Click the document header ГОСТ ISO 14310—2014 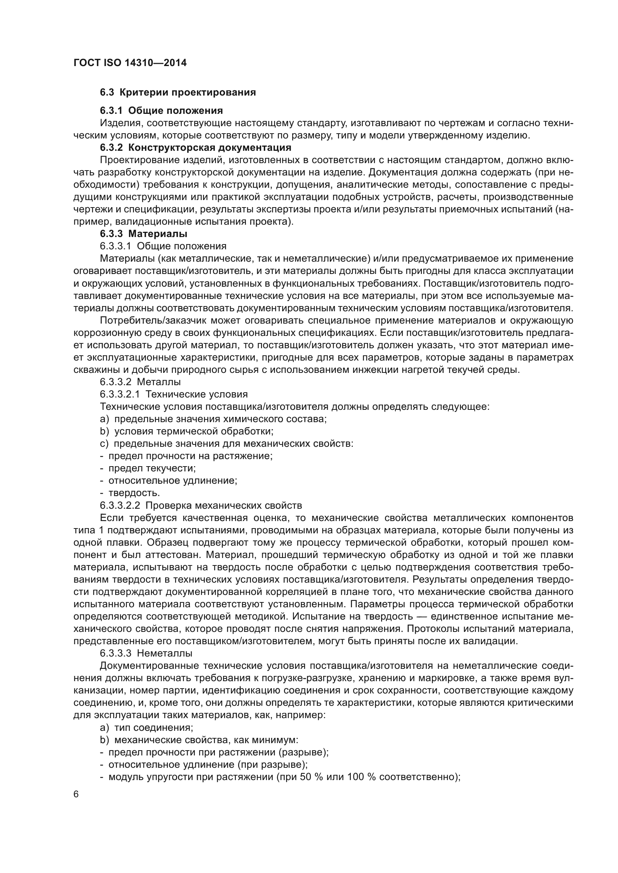click(130, 63)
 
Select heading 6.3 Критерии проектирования click(178, 93)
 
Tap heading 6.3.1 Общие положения click(161, 110)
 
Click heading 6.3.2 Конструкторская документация click(195, 147)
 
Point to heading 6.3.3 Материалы click(143, 234)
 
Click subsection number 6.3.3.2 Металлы click(140, 382)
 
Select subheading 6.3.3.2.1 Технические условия click(173, 394)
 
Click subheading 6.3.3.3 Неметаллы click(146, 653)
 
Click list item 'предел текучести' click(152, 468)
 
